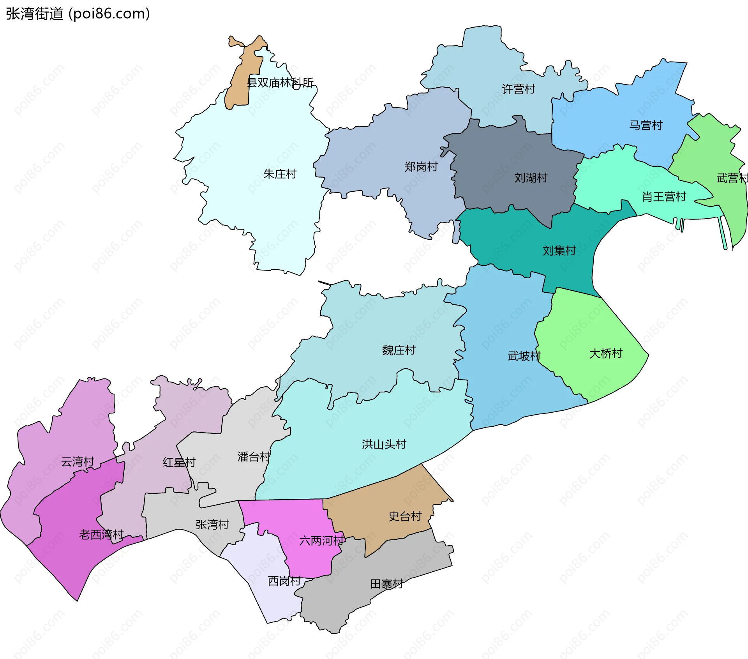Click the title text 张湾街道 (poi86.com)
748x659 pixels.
click(x=78, y=14)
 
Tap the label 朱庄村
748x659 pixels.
click(x=280, y=174)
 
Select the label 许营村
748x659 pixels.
click(x=519, y=89)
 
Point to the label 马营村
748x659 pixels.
click(x=646, y=125)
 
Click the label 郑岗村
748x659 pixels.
click(x=421, y=167)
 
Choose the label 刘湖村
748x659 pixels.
click(x=531, y=178)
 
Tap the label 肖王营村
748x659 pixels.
click(x=664, y=197)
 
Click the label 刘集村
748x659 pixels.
click(x=559, y=251)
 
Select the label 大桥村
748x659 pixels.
click(x=605, y=353)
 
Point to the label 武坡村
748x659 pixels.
click(x=524, y=356)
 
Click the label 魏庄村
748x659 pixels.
click(x=399, y=350)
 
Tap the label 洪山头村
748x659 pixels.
click(x=384, y=444)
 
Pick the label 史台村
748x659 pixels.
click(x=405, y=516)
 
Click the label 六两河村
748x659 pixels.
click(x=321, y=541)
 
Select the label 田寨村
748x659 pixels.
click(x=386, y=584)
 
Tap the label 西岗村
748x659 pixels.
click(x=284, y=581)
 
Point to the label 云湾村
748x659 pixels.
click(x=78, y=462)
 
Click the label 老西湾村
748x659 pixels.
click(x=101, y=535)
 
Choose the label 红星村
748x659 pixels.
click(x=179, y=463)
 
